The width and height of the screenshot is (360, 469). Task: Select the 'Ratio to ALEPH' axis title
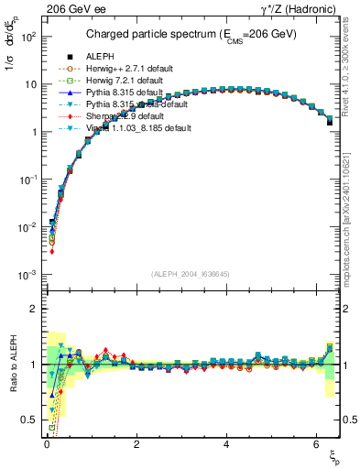pos(12,364)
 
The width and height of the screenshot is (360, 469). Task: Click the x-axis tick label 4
pos(226,445)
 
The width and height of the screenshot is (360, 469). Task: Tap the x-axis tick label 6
pos(316,445)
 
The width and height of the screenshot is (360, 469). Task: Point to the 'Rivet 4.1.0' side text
pos(351,55)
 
